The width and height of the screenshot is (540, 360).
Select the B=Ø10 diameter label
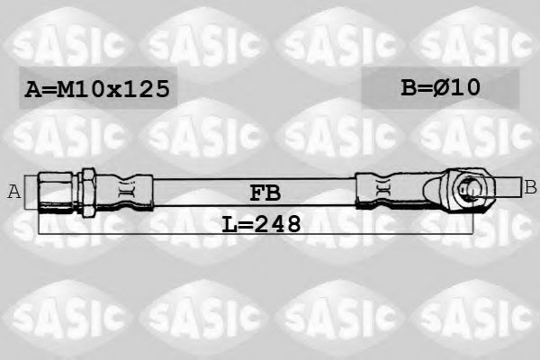coord(440,87)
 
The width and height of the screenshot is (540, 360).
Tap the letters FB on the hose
coord(265,191)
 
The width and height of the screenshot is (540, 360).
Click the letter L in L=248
coord(229,222)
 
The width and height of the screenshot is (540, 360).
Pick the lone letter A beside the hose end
coord(13,190)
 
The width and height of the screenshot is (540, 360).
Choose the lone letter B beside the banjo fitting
coord(530,187)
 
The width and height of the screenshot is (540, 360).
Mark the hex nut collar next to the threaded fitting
coord(90,189)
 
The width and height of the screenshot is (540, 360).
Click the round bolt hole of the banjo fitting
coord(467,188)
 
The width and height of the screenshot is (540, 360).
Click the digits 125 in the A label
coord(144,89)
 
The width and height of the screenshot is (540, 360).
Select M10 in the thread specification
coord(80,89)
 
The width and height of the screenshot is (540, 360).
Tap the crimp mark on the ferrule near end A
coord(128,189)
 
